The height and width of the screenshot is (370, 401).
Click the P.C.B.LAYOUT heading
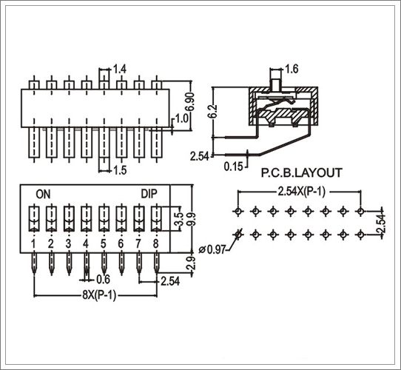301,172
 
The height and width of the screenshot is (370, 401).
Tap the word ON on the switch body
43,194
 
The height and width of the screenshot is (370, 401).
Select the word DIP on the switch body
149,194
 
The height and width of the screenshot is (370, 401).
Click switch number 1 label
33,243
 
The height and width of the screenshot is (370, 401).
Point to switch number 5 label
104,243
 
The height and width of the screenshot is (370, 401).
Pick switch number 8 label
156,243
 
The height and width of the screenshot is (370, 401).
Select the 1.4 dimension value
120,69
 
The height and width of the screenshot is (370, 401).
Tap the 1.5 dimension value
120,170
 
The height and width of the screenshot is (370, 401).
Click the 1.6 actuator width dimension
292,69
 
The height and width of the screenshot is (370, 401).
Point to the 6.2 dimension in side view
213,111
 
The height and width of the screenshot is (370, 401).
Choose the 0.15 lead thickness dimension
233,166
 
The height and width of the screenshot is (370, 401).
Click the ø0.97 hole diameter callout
212,249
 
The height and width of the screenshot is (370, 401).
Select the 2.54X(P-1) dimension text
302,192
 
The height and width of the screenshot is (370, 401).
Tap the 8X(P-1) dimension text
99,295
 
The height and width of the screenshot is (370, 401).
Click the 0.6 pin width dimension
103,280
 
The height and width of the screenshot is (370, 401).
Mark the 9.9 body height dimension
192,219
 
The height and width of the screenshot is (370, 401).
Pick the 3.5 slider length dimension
178,219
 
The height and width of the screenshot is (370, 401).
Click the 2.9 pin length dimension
192,263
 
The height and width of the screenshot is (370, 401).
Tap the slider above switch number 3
69,218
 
